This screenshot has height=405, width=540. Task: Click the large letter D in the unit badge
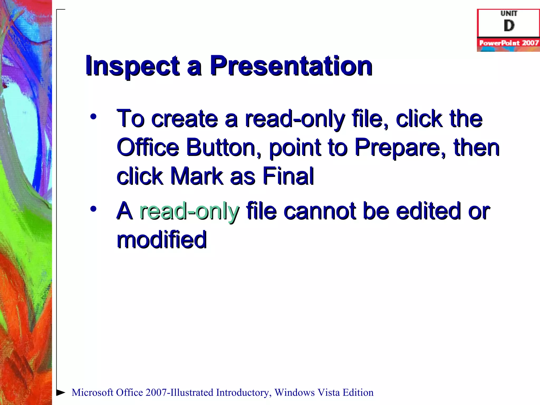pos(509,26)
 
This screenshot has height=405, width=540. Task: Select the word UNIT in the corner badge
pos(509,13)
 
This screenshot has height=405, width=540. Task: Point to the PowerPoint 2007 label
pos(509,43)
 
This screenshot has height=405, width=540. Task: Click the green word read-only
pos(189,211)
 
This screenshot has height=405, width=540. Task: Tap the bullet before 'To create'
pos(93,117)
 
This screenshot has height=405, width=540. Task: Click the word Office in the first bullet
pos(148,147)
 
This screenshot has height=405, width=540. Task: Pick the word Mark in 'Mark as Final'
pos(197,176)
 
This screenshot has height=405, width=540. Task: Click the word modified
pos(162,240)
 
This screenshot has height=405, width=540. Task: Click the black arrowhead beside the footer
pos(61,392)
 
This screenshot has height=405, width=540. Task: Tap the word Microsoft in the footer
pos(93,393)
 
